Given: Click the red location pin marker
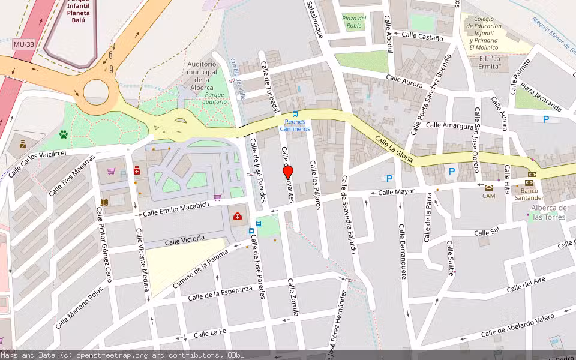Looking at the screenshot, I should pos(288,172).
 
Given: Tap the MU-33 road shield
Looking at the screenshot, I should pos(22,45).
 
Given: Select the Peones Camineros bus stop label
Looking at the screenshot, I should pos(295,125).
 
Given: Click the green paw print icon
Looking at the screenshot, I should pos(63,134).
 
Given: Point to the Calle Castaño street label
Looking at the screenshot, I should pos(422,37).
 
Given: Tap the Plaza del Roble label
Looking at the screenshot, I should pos(353,22).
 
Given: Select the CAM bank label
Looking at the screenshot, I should pos(489,196).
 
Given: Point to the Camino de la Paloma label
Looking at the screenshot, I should pos(200,268).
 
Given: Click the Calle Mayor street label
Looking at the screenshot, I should pos(397,192).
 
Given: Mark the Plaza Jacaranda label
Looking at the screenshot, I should pos(541,98).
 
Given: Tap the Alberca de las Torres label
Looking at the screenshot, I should pos(548,212).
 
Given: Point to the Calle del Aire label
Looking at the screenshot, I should pos(526,286).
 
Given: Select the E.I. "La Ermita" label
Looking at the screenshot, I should pos(486,62).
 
